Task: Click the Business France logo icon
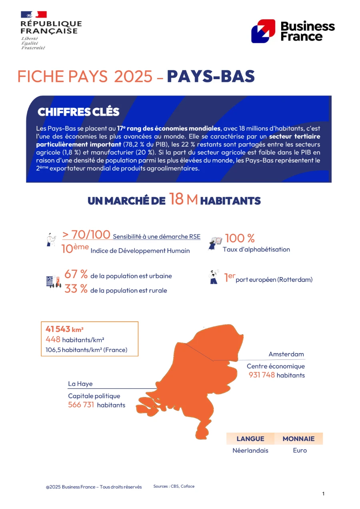pyautogui.click(x=263, y=31)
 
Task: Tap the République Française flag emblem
pyautogui.click(x=34, y=15)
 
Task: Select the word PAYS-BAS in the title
pyautogui.click(x=211, y=76)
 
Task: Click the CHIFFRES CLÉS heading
pyautogui.click(x=78, y=112)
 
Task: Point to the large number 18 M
pyautogui.click(x=183, y=199)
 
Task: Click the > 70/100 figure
pyautogui.click(x=86, y=235)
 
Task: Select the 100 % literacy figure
pyautogui.click(x=240, y=238)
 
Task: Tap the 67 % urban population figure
pyautogui.click(x=76, y=274)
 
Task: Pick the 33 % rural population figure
pyautogui.click(x=76, y=289)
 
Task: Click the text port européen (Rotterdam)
pyautogui.click(x=274, y=279)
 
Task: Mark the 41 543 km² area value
pyautogui.click(x=64, y=329)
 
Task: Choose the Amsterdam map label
pyautogui.click(x=286, y=354)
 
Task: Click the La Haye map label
pyautogui.click(x=80, y=384)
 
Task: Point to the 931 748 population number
pyautogui.click(x=262, y=375)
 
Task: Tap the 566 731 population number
pyautogui.click(x=81, y=405)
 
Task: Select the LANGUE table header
pyautogui.click(x=250, y=439)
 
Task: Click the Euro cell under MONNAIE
pyautogui.click(x=300, y=451)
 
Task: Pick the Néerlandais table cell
pyautogui.click(x=250, y=451)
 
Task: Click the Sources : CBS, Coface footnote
pyautogui.click(x=174, y=486)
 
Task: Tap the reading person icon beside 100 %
pyautogui.click(x=215, y=243)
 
